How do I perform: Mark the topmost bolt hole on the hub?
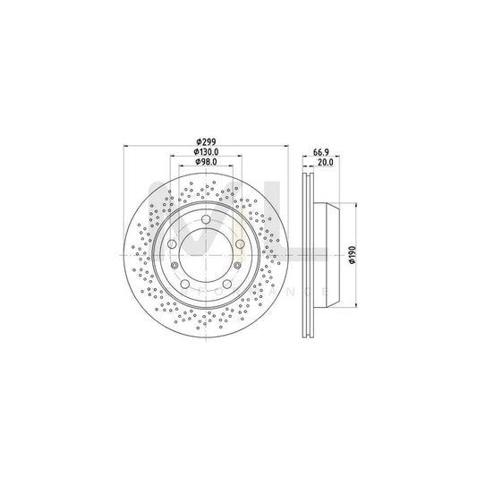[207, 220]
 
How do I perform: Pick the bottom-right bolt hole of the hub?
[226, 285]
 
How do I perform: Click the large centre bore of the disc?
[207, 256]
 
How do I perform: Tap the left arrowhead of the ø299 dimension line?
[125, 147]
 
